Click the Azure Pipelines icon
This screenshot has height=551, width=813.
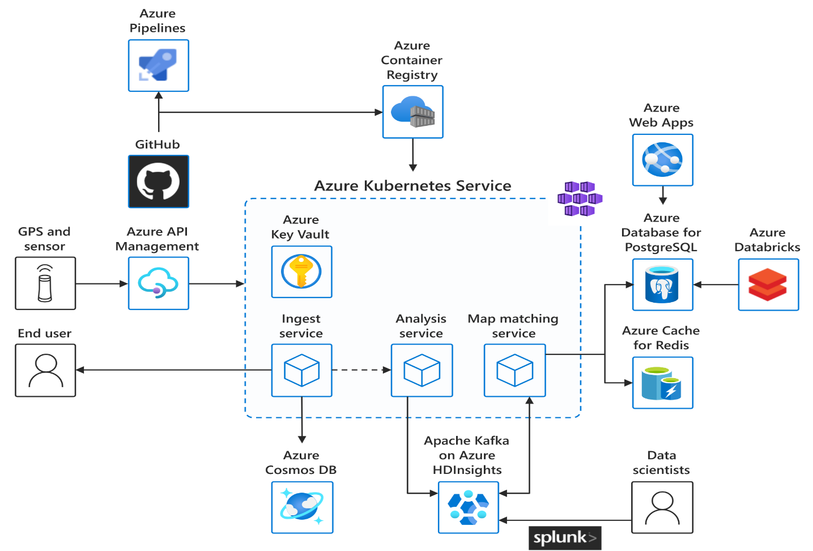(x=158, y=66)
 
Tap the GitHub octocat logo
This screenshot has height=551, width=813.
(x=158, y=182)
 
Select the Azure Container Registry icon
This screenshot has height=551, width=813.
(x=412, y=112)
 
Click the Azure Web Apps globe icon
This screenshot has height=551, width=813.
(x=662, y=160)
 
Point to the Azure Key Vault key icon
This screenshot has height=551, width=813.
(x=301, y=272)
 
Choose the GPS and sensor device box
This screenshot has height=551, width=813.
(x=45, y=283)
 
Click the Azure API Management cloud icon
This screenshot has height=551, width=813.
(x=158, y=283)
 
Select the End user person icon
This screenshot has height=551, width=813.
(x=45, y=370)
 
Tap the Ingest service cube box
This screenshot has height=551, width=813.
(x=301, y=370)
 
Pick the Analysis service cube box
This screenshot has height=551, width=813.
(x=422, y=370)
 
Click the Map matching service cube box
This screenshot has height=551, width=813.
(x=514, y=370)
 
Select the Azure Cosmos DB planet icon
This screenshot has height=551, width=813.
(x=302, y=507)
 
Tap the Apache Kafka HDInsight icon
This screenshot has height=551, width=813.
(x=468, y=507)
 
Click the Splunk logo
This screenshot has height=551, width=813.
(x=564, y=538)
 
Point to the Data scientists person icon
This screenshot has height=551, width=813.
(x=662, y=507)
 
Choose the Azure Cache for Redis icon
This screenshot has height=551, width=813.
(x=662, y=383)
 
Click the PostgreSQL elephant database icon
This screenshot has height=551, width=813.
(x=662, y=285)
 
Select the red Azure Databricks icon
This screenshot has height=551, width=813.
(x=768, y=285)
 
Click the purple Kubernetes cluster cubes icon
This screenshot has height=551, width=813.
(x=580, y=199)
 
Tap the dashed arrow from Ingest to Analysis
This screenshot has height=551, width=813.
(x=361, y=370)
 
